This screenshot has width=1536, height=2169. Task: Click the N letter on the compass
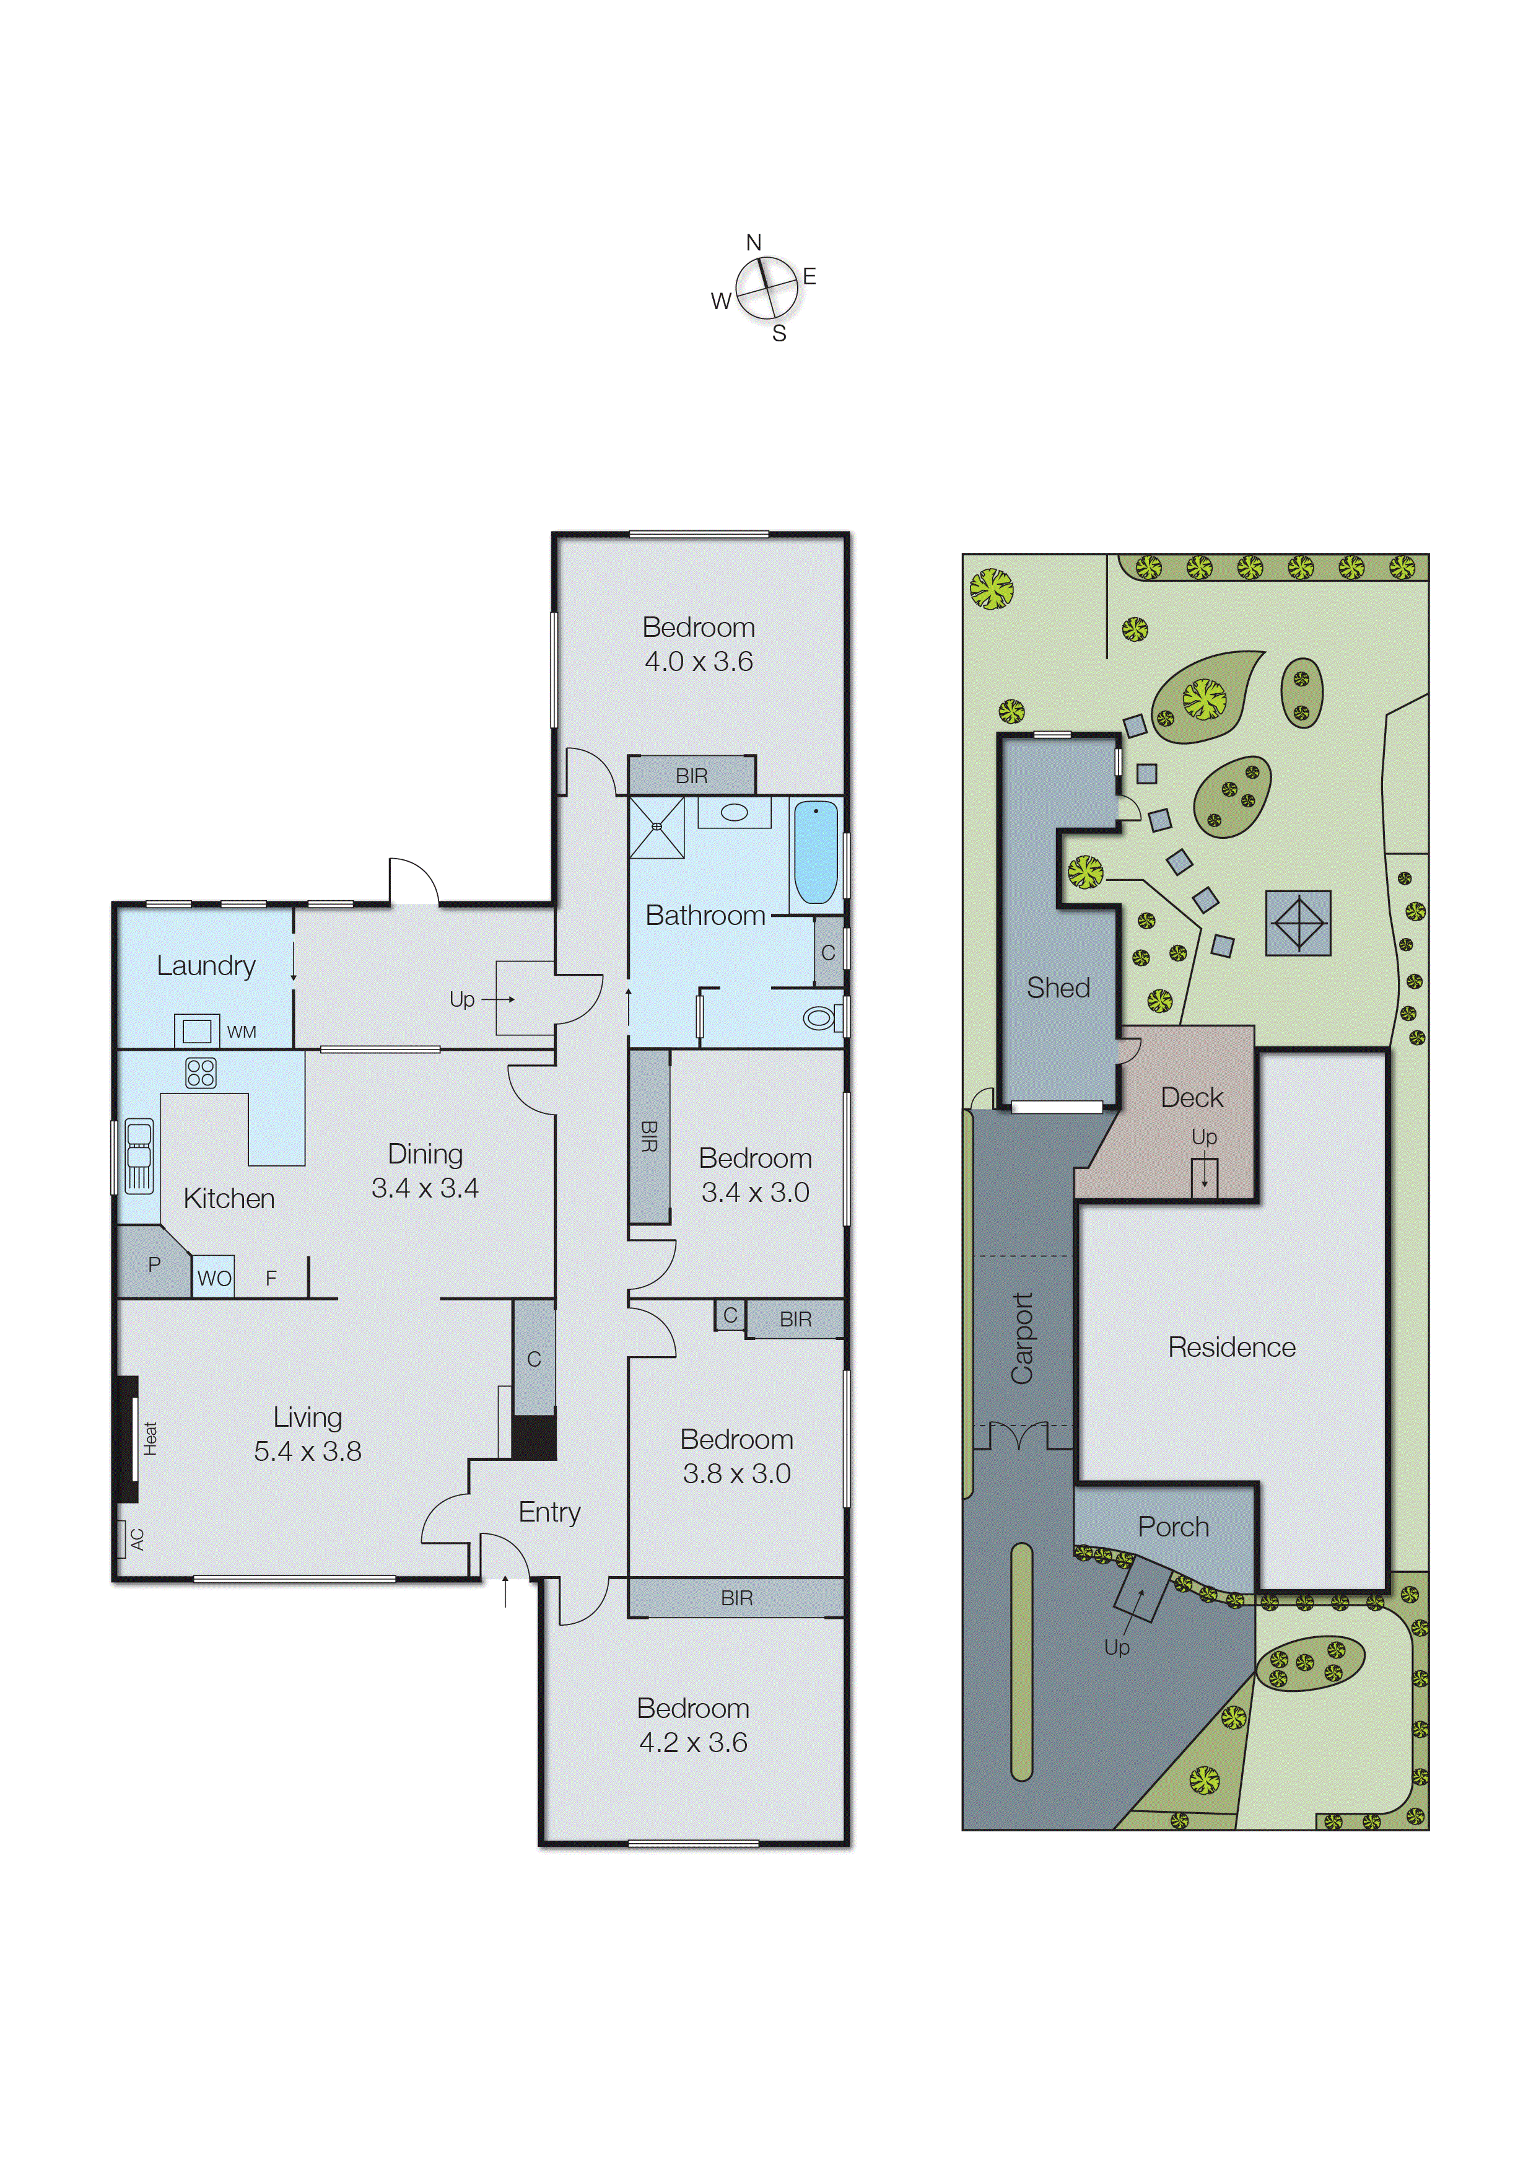754,243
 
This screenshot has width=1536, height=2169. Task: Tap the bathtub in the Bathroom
815,853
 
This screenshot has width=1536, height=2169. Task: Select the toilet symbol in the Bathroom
820,1018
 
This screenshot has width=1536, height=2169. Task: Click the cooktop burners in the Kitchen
201,1072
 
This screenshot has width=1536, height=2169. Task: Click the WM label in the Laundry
241,1032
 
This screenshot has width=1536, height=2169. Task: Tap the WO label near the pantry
214,1279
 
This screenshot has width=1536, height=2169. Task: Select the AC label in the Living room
137,1539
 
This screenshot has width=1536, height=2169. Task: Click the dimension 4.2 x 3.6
693,1742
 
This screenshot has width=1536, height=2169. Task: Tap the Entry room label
549,1512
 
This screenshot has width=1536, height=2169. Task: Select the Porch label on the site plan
1173,1527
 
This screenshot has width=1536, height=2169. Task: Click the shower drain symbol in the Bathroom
657,826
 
